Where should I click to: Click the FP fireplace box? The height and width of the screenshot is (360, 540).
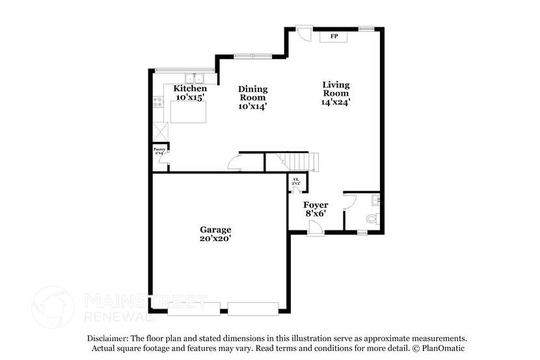(334, 36)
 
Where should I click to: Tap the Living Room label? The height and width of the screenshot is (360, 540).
(336, 93)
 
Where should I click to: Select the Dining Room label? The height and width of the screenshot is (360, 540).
(252, 97)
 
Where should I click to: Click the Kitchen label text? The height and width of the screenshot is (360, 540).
(190, 89)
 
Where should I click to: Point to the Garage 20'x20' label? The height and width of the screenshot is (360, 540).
(215, 234)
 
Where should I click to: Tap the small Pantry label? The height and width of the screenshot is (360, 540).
(159, 150)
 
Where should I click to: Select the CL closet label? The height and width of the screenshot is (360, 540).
(296, 182)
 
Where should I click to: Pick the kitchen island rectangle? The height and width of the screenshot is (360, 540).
(189, 111)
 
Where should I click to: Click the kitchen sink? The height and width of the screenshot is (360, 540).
(193, 79)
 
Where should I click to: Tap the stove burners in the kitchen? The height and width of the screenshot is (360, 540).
(157, 102)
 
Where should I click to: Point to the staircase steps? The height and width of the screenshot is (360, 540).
(296, 160)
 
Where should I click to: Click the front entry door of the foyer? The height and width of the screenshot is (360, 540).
(316, 227)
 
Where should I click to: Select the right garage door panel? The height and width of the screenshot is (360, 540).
(253, 309)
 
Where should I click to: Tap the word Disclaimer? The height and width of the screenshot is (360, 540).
(108, 339)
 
